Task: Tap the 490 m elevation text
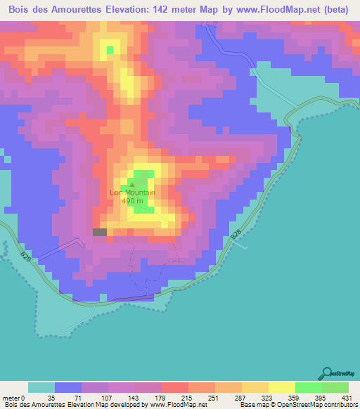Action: tap(132, 200)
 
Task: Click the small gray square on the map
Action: tap(100, 232)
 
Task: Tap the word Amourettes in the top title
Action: tap(81, 11)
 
